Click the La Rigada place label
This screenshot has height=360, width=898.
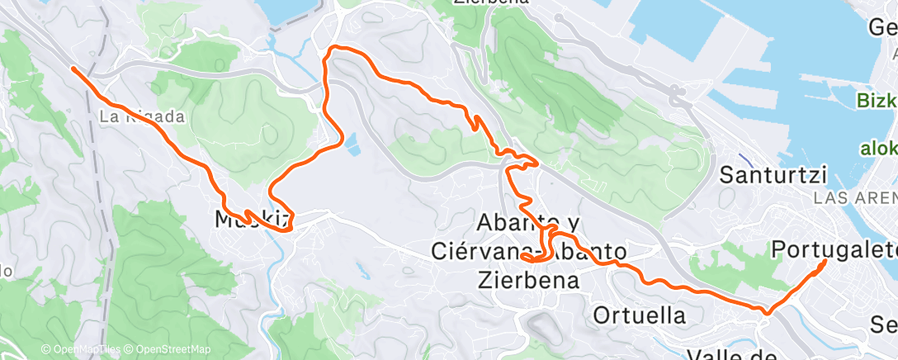(x=142, y=117)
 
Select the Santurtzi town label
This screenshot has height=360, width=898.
(x=773, y=174)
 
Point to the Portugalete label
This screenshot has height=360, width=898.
(x=834, y=249)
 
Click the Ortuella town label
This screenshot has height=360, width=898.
(x=639, y=315)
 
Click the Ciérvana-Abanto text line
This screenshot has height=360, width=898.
(x=529, y=250)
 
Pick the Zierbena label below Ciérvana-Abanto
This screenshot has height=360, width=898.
(x=528, y=279)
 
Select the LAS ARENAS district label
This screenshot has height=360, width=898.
(x=855, y=198)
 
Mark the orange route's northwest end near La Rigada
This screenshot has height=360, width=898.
(x=73, y=69)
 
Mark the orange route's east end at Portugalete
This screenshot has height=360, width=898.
(x=826, y=262)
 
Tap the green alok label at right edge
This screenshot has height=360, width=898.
(x=879, y=149)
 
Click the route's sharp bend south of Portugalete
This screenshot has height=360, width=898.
(x=768, y=312)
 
